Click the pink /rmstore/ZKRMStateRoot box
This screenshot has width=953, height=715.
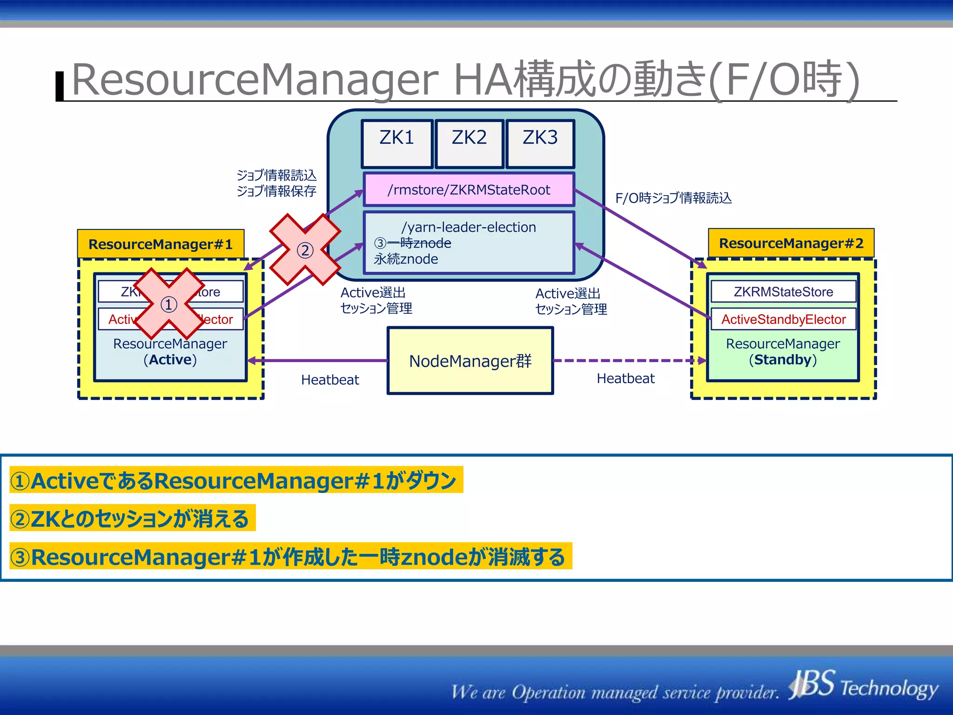tap(469, 189)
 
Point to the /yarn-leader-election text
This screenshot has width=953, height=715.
tap(469, 227)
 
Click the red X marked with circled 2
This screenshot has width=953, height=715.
tap(305, 250)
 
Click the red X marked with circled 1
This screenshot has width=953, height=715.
tap(169, 304)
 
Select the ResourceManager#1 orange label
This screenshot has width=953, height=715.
tap(161, 244)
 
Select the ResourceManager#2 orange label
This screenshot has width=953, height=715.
tap(791, 243)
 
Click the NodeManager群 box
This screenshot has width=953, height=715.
tap(470, 361)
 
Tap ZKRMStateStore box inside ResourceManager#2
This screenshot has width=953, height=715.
tap(783, 292)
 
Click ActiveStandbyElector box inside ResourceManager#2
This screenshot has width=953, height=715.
tap(783, 319)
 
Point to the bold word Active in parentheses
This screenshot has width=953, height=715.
tap(170, 360)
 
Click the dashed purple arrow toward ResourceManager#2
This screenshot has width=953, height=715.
tap(628, 360)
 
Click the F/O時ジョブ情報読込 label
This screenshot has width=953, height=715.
tap(673, 198)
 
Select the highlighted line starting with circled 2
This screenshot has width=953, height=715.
tap(133, 519)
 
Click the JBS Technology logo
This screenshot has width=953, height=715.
tap(863, 686)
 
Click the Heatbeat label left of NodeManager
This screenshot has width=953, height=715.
tap(330, 380)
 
